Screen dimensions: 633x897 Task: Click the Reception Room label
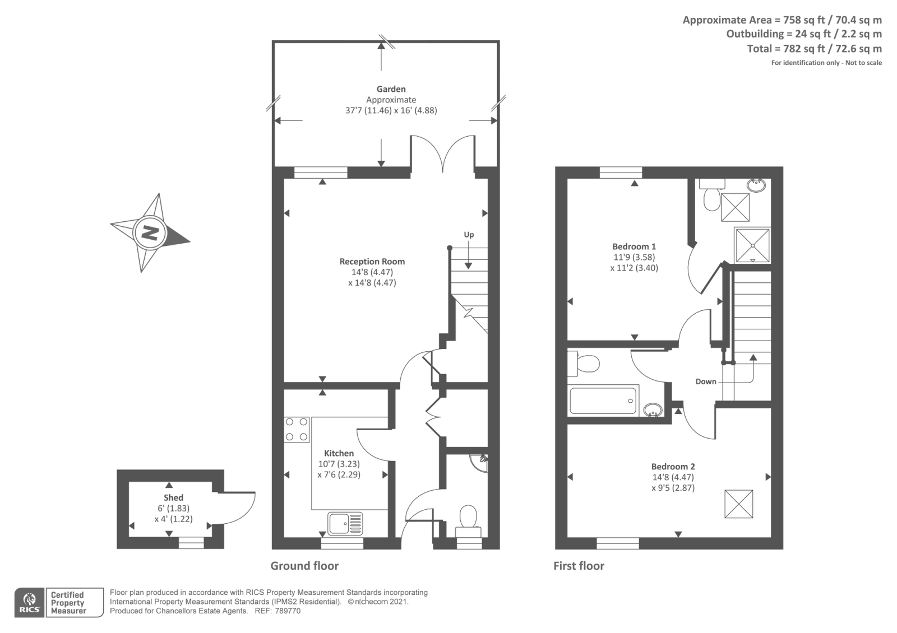click(x=372, y=262)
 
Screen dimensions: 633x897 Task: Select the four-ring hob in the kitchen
click(x=296, y=430)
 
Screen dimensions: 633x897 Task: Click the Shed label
click(x=173, y=497)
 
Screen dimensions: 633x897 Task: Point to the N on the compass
click(x=150, y=232)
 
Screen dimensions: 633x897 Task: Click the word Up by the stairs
click(x=469, y=235)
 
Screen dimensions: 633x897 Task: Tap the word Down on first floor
click(x=706, y=381)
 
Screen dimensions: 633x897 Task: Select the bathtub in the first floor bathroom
click(x=604, y=401)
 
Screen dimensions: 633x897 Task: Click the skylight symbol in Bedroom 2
click(x=738, y=504)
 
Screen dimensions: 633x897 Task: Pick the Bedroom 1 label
click(x=634, y=246)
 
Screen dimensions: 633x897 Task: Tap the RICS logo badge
click(x=30, y=603)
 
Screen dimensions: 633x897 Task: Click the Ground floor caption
click(x=304, y=566)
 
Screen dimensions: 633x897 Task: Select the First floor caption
click(x=579, y=566)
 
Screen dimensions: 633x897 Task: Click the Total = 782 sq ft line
click(x=814, y=49)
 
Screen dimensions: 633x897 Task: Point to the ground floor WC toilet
click(x=468, y=519)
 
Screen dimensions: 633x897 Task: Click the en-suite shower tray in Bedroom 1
click(x=752, y=245)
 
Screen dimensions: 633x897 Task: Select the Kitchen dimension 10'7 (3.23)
click(x=339, y=464)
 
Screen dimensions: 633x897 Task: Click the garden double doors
click(x=443, y=152)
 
